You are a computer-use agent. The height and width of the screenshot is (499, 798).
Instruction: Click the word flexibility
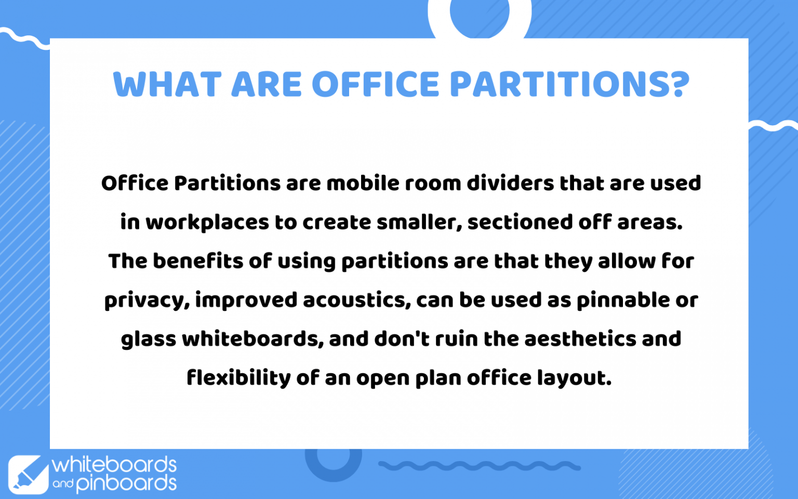pos(238,378)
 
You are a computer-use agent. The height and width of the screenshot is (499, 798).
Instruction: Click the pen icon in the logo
pos(28,474)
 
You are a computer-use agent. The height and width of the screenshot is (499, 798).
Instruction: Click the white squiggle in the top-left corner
pos(23,38)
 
